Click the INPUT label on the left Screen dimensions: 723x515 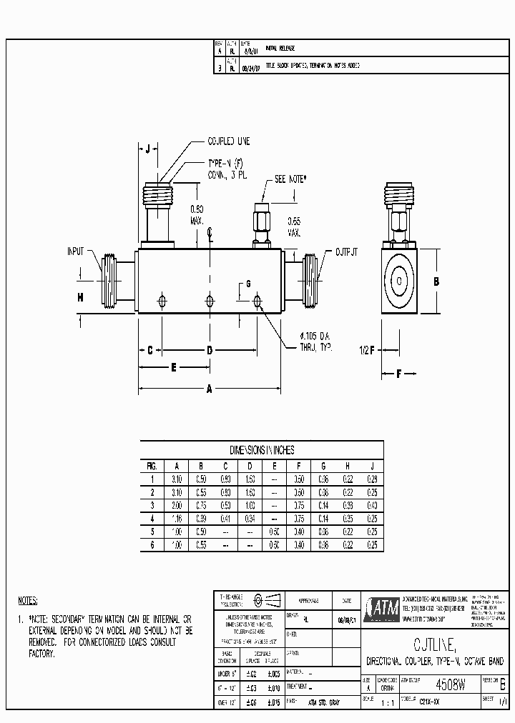(76, 251)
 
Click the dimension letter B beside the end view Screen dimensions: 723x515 (434, 280)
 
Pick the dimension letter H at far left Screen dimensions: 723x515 (81, 296)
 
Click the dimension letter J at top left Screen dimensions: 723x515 (147, 149)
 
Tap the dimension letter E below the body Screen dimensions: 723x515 (173, 367)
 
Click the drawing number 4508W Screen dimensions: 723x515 (451, 684)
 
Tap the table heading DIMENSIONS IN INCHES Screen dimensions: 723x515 (261, 450)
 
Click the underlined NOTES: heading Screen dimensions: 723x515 (28, 600)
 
